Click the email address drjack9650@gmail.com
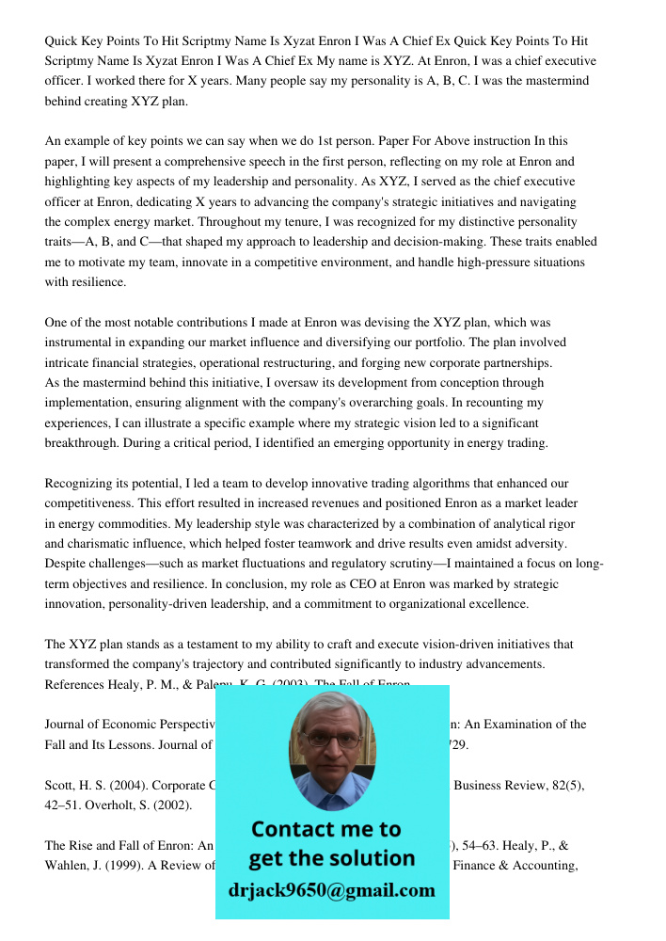[x=331, y=890]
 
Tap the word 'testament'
[x=234, y=645]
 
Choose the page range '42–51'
[x=64, y=805]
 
